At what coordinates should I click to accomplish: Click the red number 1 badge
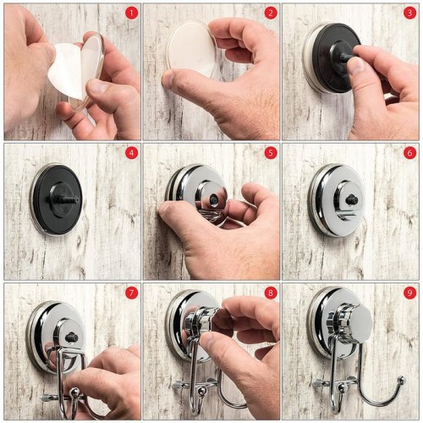[131, 13]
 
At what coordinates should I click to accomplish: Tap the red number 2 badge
[271, 13]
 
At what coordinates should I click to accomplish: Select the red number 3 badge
[409, 13]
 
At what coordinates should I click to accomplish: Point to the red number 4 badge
[131, 153]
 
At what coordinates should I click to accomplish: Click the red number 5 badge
[271, 153]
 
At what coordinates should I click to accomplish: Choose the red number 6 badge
[409, 153]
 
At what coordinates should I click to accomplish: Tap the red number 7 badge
[131, 293]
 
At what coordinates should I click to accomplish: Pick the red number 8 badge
[271, 293]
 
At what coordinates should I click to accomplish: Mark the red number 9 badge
[409, 293]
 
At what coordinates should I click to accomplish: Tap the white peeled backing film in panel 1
[66, 70]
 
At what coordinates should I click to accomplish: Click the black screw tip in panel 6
[352, 200]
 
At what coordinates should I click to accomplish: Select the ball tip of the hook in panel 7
[74, 393]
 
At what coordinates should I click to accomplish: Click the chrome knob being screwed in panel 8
[201, 320]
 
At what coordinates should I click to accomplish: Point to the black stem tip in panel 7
[70, 338]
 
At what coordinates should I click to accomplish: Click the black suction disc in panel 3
[336, 57]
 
